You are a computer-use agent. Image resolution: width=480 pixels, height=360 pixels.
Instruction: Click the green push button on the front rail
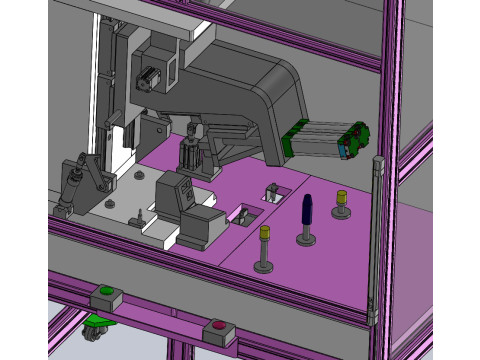tap(107, 292)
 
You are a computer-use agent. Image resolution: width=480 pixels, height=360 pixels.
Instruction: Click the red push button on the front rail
tap(217, 325)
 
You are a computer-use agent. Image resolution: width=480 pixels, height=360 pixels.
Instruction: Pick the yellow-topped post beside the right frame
tap(341, 199)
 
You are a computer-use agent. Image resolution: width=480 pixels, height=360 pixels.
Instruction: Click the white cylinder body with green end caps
tap(315, 138)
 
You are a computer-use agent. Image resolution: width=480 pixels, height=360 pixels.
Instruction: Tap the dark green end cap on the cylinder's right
tap(354, 140)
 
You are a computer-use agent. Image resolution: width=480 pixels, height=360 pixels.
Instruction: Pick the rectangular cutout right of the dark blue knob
tap(271, 193)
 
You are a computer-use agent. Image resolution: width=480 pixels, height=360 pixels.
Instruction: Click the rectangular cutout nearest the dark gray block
tap(243, 214)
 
